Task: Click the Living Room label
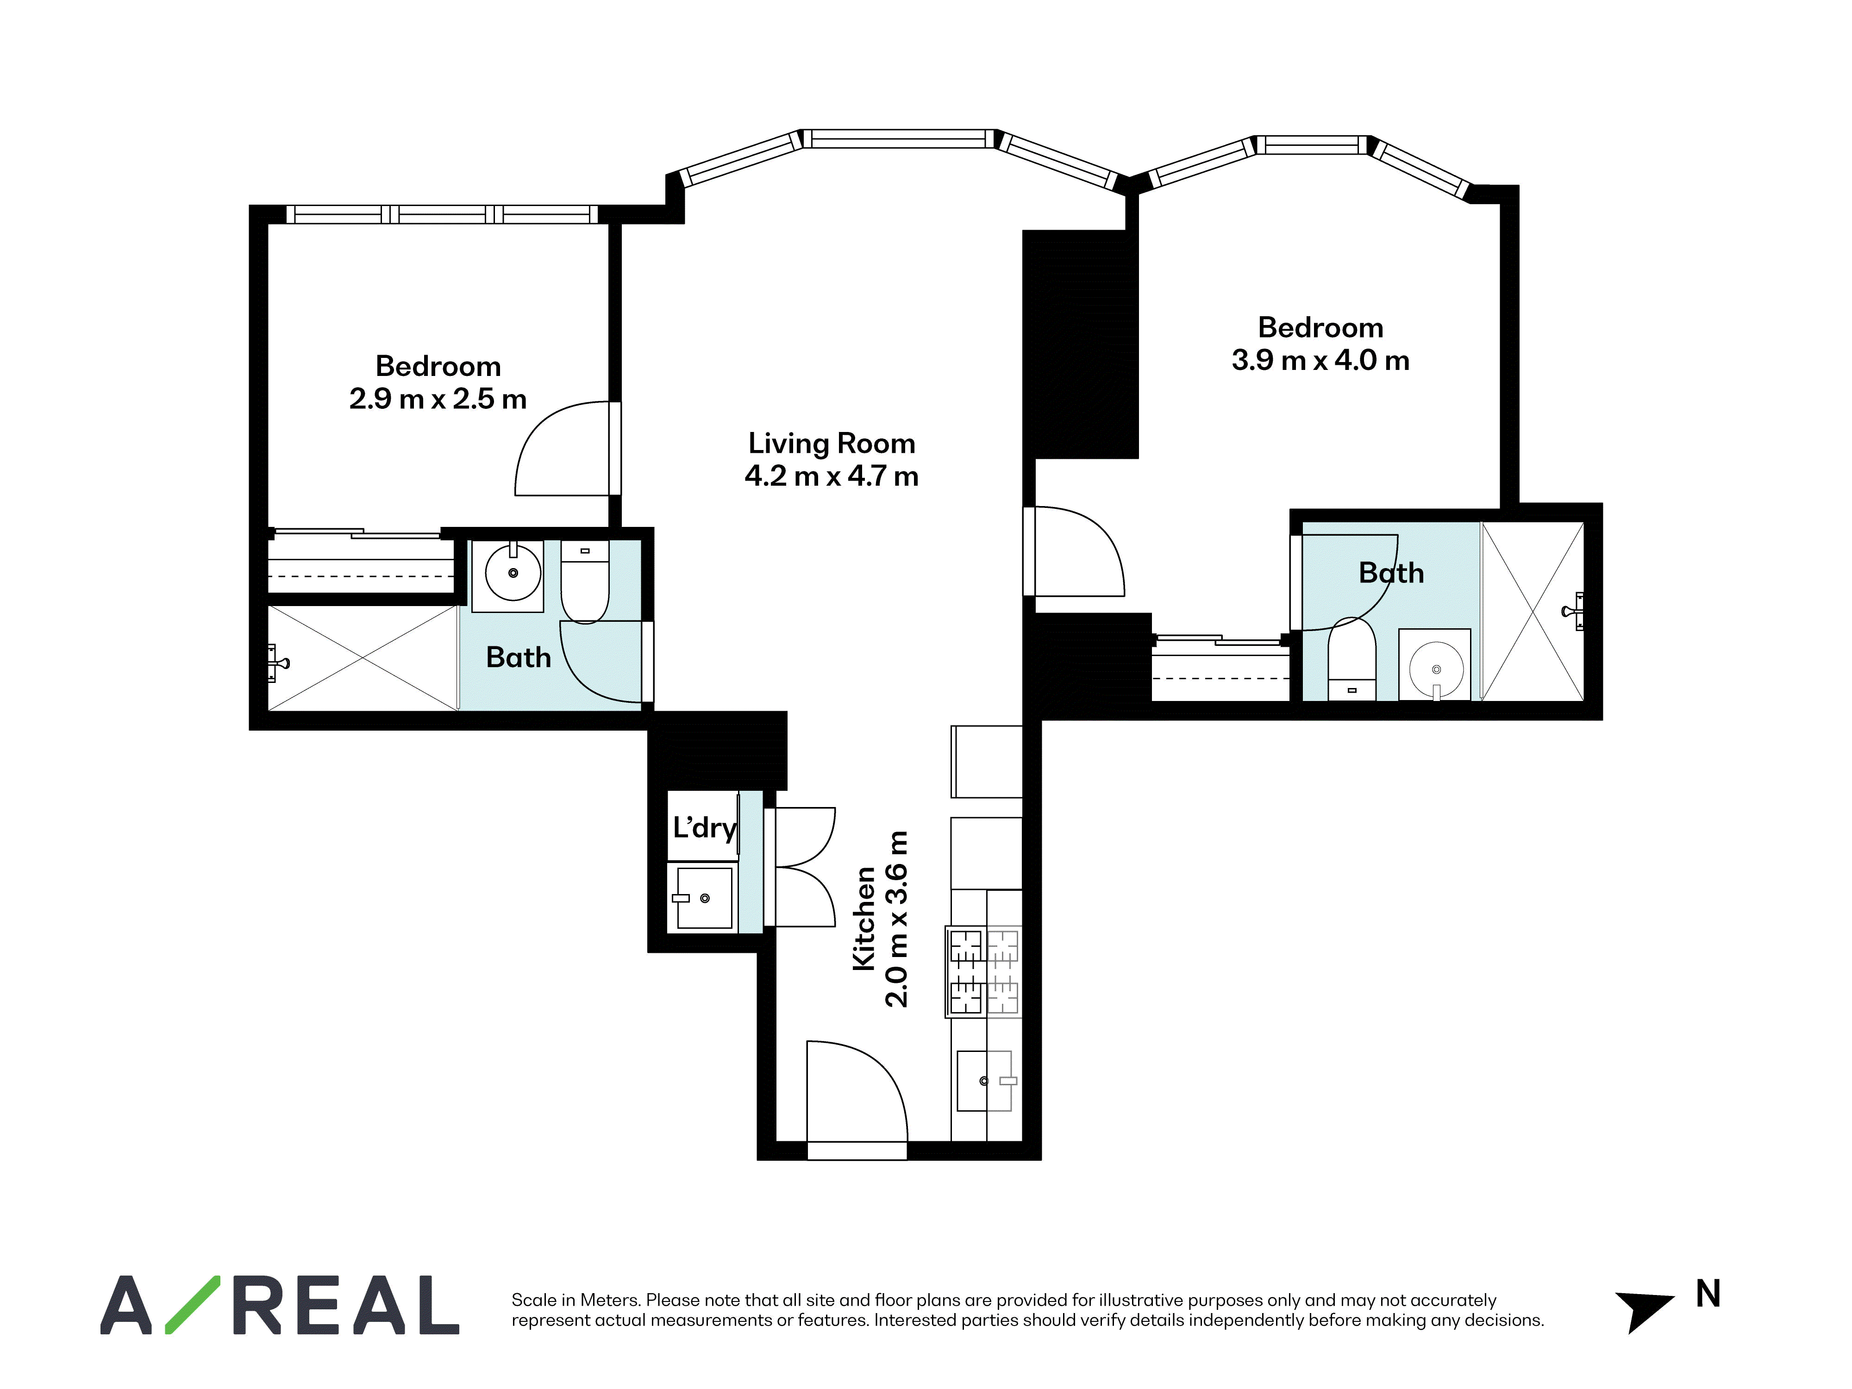(832, 443)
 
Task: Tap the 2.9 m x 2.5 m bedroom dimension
(438, 399)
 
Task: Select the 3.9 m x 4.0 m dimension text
(1320, 360)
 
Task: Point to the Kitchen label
(863, 919)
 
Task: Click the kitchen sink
(985, 1081)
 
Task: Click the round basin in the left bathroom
(513, 573)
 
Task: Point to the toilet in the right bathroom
(1352, 659)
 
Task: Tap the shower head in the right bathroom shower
(1573, 611)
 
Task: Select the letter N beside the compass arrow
(1708, 1295)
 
